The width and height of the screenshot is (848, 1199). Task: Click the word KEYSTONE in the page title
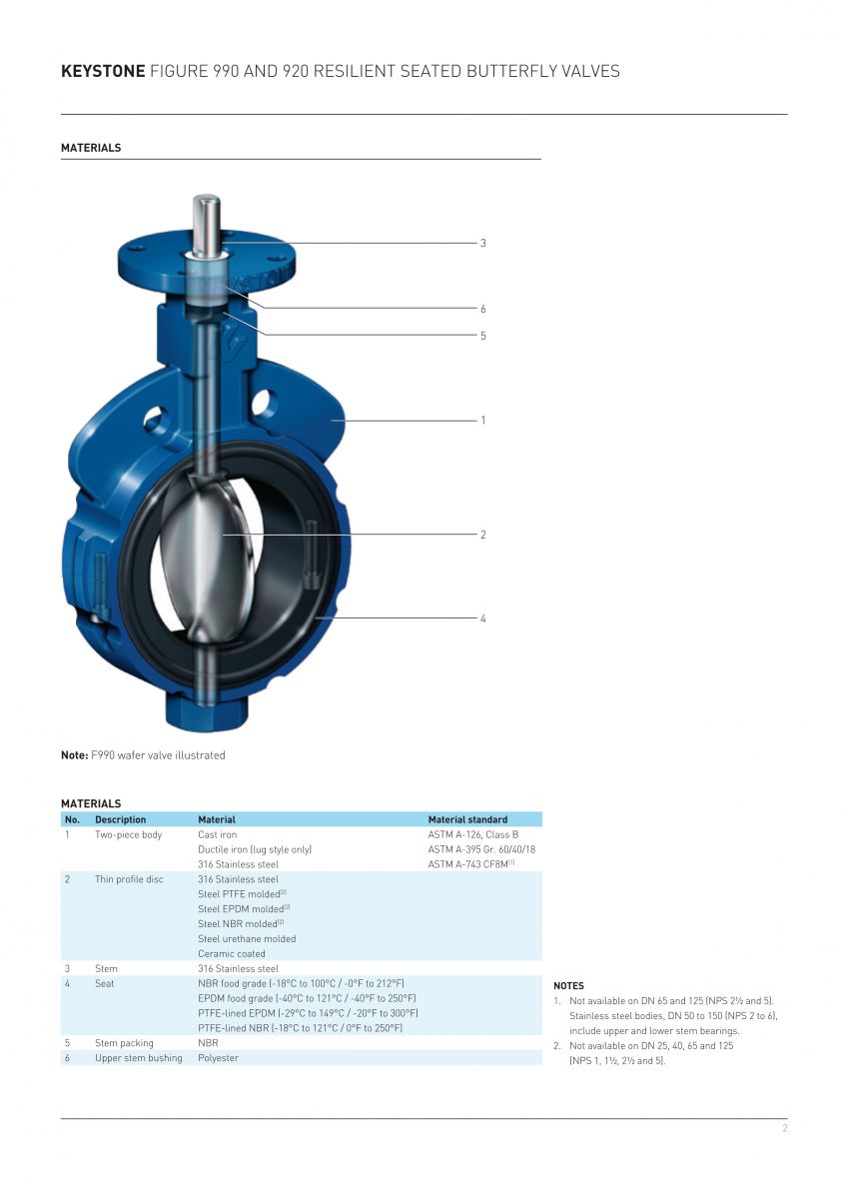[x=102, y=71]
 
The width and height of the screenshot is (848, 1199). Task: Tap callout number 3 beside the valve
[x=482, y=243]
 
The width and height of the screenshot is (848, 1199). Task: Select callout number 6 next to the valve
[x=482, y=309]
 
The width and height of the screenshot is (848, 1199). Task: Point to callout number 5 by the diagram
[x=482, y=336]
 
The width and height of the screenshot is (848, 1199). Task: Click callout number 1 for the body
[x=482, y=421]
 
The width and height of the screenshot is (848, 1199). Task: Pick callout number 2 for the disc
[x=482, y=535]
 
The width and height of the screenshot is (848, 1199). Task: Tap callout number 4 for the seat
[x=482, y=618]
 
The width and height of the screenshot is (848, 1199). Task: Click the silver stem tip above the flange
[x=208, y=215]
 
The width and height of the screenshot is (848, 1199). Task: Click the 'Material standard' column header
[x=467, y=819]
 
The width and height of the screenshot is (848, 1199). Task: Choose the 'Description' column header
[x=120, y=819]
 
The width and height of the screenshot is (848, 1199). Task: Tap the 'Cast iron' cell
[x=217, y=834]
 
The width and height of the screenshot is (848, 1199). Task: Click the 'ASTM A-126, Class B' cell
[x=472, y=834]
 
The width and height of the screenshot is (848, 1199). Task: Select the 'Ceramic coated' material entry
[x=231, y=953]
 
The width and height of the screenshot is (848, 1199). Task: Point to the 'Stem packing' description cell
[x=124, y=1043]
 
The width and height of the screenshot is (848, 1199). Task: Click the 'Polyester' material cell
[x=218, y=1058]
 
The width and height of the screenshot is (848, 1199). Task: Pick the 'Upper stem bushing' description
[x=138, y=1058]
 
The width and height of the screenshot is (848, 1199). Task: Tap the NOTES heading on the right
[x=568, y=986]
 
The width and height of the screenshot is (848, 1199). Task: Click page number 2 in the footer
[x=784, y=1128]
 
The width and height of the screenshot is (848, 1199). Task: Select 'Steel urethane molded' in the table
[x=247, y=938]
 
